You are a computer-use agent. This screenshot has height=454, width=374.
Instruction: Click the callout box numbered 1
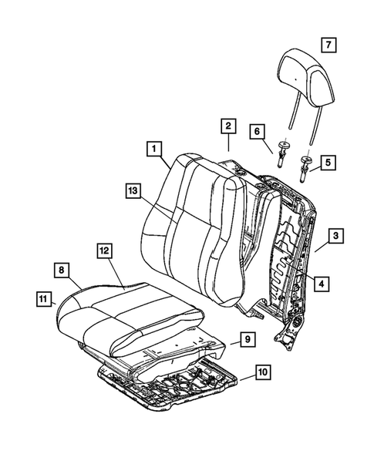[x=155, y=148]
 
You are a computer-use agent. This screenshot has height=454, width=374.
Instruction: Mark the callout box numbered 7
[x=327, y=44]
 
